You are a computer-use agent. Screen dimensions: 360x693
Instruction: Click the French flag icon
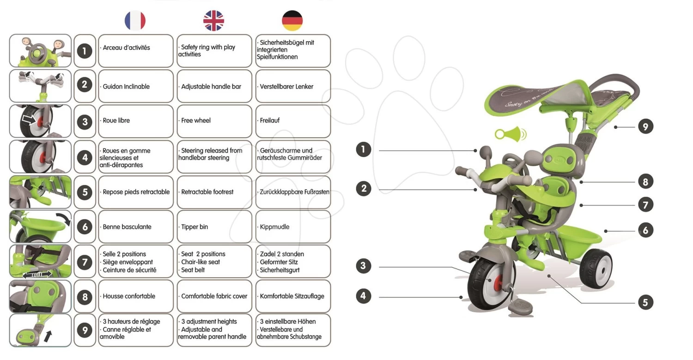coord(135,21)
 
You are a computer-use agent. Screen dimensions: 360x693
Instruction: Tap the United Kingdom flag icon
coord(213,21)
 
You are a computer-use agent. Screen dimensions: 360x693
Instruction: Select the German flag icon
coord(292,21)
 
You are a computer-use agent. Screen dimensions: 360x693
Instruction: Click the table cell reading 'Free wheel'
coord(214,121)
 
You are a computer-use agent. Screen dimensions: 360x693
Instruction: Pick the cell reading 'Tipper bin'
coord(214,227)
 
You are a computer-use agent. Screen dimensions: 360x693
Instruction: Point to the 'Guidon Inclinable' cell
coord(135,86)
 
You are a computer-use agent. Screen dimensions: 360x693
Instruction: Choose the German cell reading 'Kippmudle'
coord(293,227)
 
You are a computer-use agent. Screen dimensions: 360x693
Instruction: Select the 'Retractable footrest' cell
coord(214,192)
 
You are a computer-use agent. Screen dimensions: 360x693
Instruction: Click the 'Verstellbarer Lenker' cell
coord(293,86)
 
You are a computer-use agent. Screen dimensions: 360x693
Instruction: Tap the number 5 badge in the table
coord(85,192)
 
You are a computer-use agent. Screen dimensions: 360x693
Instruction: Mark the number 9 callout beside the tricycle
coord(645,126)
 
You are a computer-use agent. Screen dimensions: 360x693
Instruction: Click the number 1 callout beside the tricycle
coord(364,150)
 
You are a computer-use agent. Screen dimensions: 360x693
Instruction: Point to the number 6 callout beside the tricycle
coord(645,230)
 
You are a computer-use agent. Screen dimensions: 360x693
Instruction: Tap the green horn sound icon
coord(510,134)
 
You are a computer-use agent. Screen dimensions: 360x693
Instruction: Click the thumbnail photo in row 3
coord(40,121)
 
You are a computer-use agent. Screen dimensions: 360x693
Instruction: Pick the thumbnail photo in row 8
coord(40,296)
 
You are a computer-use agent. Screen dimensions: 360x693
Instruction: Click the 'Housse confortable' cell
coord(135,296)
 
